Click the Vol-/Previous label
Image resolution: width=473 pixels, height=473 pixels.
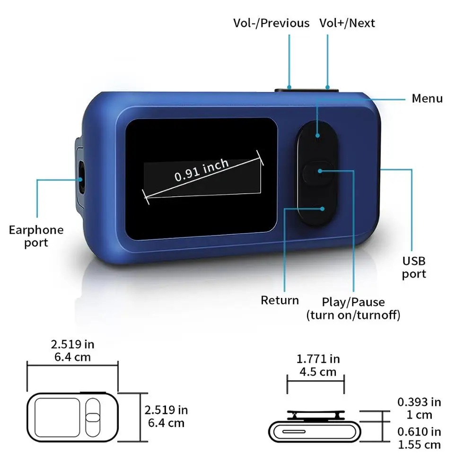tap(272, 23)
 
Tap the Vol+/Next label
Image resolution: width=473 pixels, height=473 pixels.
tap(348, 23)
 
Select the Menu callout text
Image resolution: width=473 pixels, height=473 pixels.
tap(427, 98)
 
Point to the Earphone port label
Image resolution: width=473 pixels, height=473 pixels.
tap(36, 236)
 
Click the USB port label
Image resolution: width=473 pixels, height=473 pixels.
tap(414, 267)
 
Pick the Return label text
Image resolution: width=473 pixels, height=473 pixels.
tap(280, 300)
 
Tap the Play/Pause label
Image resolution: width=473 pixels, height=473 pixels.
tap(353, 302)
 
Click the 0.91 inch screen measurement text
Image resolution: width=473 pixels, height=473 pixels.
tap(201, 170)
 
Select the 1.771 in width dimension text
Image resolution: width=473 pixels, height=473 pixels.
tap(318, 359)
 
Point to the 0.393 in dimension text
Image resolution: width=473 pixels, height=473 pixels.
tap(419, 402)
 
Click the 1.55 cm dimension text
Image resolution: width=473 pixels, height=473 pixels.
tap(419, 445)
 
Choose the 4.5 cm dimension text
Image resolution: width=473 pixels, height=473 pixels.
tap(318, 372)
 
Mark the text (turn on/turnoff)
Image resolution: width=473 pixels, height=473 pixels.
tap(353, 315)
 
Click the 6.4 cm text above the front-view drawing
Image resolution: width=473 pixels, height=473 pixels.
tap(72, 357)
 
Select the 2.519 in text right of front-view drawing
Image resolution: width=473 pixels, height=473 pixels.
tap(166, 410)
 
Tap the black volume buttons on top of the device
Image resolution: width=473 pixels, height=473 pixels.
tap(307, 88)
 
